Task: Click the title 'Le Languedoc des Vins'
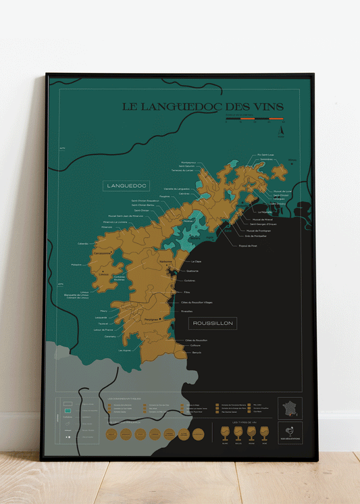pyautogui.click(x=202, y=107)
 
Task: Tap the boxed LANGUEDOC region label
pyautogui.click(x=126, y=186)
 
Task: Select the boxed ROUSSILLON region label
pyautogui.click(x=212, y=324)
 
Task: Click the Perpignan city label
pyautogui.click(x=151, y=319)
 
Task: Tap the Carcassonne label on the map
pyautogui.click(x=102, y=253)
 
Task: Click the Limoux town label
pyautogui.click(x=103, y=274)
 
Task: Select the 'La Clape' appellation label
pyautogui.click(x=197, y=261)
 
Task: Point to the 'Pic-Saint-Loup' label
pyautogui.click(x=266, y=155)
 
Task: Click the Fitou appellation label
pyautogui.click(x=187, y=292)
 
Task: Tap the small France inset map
pyautogui.click(x=290, y=409)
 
